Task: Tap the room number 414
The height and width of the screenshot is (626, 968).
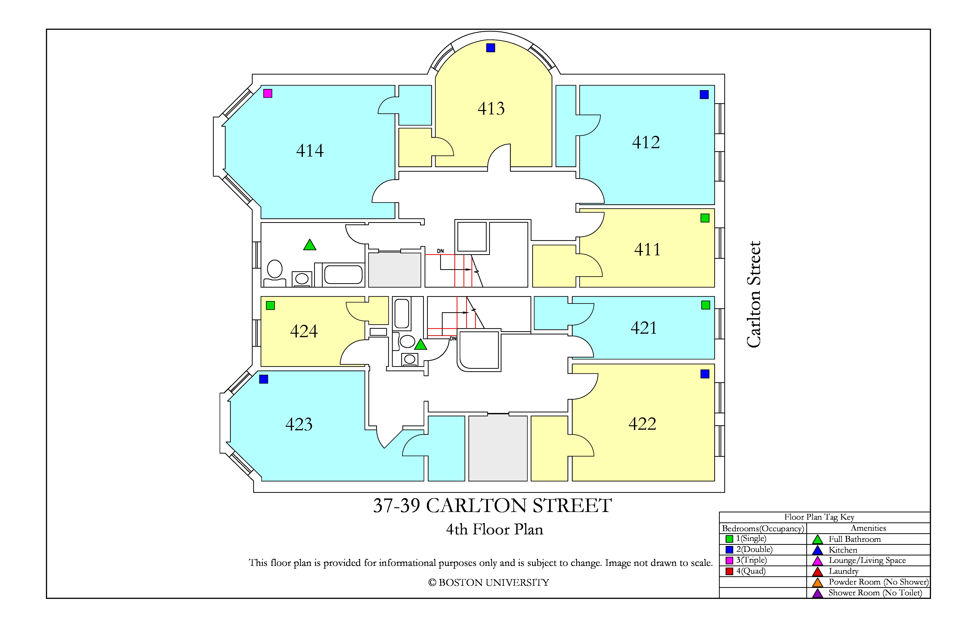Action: [310, 151]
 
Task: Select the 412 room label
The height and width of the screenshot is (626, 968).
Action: [646, 142]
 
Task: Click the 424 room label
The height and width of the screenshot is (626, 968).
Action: [304, 331]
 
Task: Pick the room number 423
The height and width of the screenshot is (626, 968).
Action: [299, 424]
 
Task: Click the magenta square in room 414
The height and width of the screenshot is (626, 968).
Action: [268, 94]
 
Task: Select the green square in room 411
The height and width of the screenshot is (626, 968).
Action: [705, 218]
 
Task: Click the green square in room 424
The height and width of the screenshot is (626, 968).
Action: [270, 305]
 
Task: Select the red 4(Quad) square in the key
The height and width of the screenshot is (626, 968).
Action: [729, 571]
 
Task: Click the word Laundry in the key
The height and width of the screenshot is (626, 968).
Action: [843, 571]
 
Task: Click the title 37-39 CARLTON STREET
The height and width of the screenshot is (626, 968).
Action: [493, 506]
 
